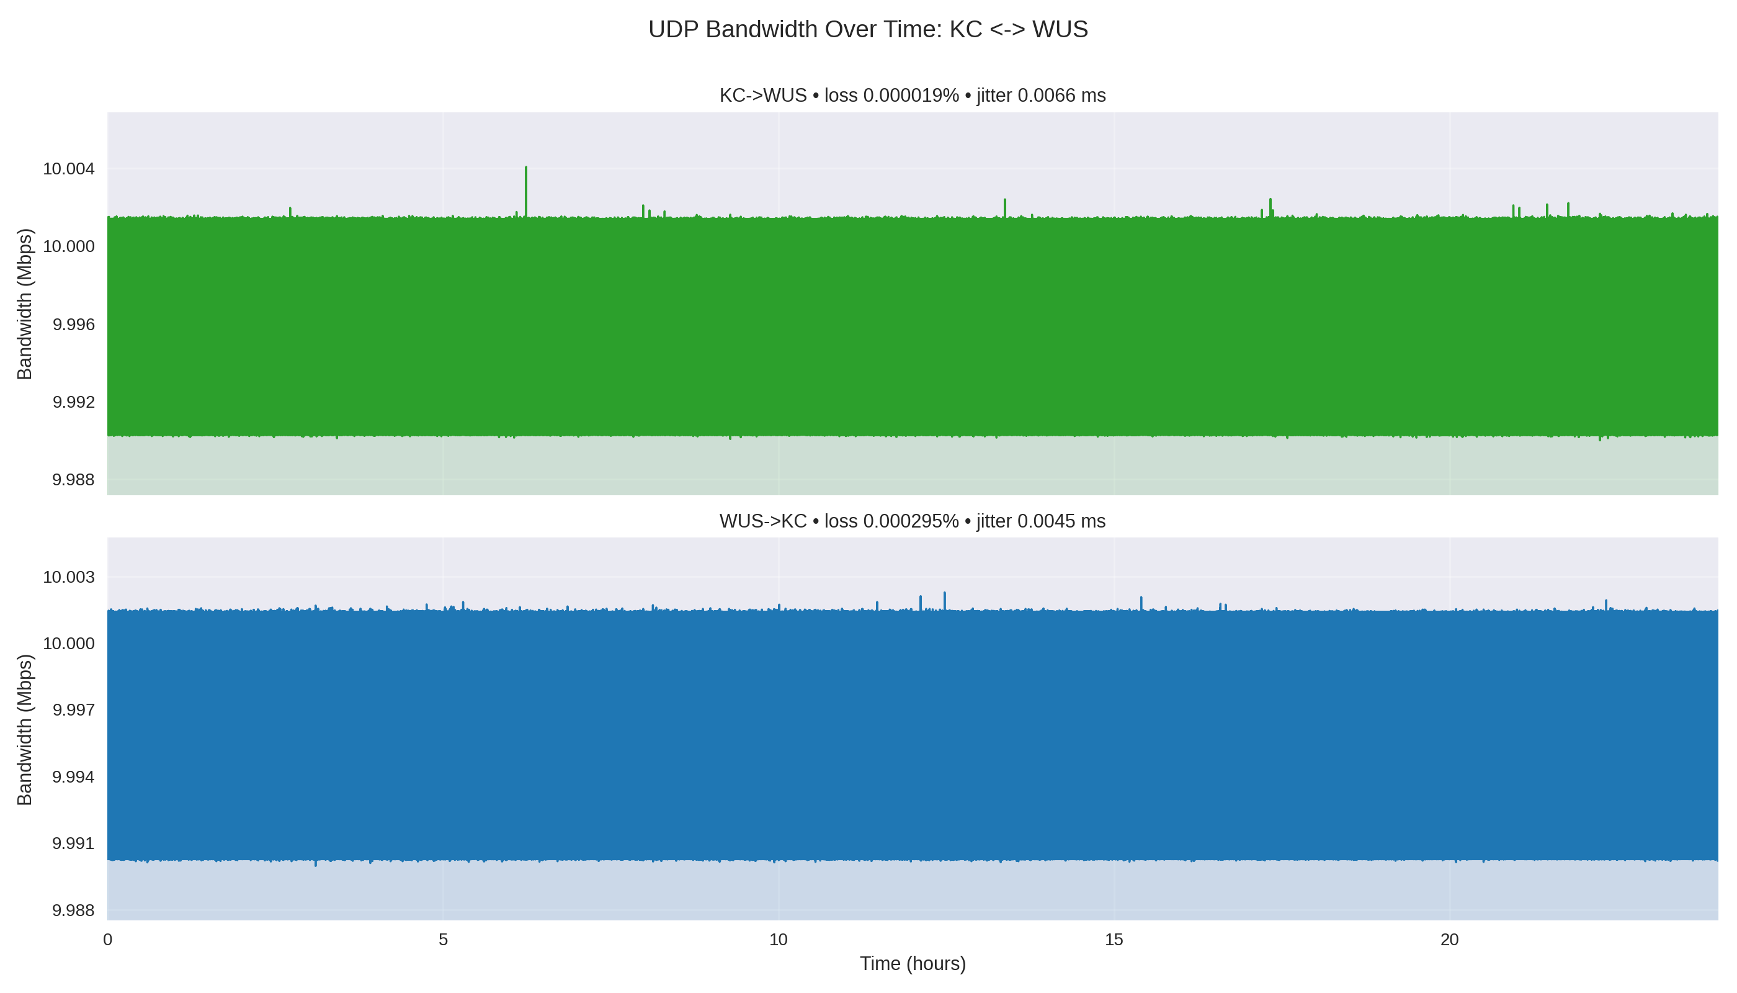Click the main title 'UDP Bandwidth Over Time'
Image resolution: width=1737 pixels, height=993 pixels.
(x=868, y=29)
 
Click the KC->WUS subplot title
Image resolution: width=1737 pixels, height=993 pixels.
(x=912, y=96)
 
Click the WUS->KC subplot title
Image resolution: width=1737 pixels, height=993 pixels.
(x=912, y=521)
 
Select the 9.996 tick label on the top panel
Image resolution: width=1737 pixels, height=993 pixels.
(x=74, y=324)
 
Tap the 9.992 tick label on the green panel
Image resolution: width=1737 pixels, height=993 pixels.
(x=74, y=402)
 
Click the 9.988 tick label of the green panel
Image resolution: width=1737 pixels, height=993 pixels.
(x=74, y=480)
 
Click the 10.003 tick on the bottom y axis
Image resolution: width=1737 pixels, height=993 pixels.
(x=69, y=577)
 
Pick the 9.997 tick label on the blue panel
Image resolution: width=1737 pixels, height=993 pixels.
(x=74, y=710)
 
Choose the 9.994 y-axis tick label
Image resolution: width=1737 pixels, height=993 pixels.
(x=74, y=777)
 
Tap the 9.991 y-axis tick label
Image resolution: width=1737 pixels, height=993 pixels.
(x=74, y=843)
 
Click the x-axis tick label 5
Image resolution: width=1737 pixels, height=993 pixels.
(x=443, y=940)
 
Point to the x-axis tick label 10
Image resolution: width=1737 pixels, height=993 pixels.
(x=778, y=940)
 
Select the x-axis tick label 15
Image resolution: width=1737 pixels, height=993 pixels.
(x=1114, y=940)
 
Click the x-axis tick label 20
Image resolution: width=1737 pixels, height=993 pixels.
(x=1449, y=940)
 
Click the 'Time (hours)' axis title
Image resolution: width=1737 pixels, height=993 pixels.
(x=912, y=964)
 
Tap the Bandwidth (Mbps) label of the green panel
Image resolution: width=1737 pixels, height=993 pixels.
(x=25, y=304)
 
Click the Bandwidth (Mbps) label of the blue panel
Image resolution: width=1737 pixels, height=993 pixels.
(x=25, y=730)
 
